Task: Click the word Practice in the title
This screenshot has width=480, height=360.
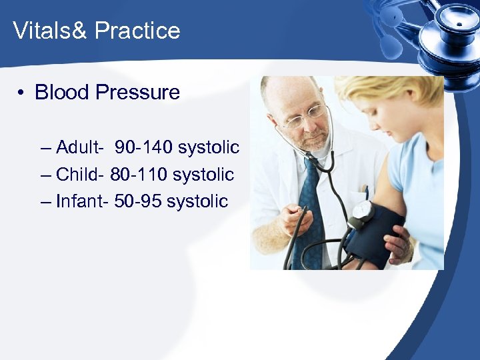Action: [137, 31]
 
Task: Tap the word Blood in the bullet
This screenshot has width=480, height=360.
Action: [62, 92]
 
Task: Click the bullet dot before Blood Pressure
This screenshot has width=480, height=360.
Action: [22, 93]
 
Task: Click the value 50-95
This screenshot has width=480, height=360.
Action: [137, 201]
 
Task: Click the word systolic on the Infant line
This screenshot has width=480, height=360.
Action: [197, 201]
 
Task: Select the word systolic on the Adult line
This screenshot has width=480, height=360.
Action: [209, 147]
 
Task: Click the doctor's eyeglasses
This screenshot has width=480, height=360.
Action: [303, 119]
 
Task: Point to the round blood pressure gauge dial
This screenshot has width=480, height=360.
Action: [362, 212]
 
